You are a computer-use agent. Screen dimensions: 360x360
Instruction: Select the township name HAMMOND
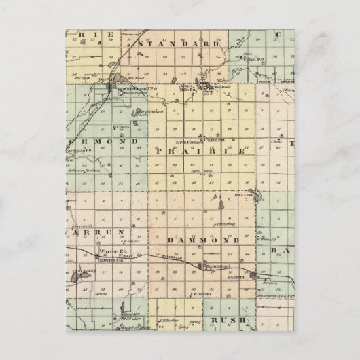pyautogui.click(x=203, y=241)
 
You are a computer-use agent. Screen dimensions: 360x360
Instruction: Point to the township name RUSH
pyautogui.click(x=223, y=319)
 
